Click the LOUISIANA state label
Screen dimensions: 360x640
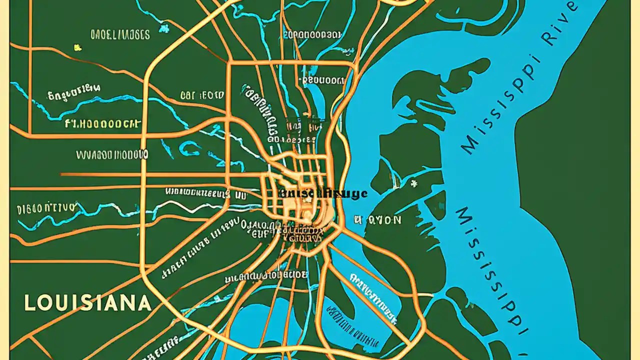click(87, 303)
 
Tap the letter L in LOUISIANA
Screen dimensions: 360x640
click(29, 303)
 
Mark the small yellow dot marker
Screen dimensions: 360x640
click(77, 48)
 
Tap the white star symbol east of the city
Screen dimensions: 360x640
click(413, 183)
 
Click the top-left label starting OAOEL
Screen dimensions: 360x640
click(120, 34)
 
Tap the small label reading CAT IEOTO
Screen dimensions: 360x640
click(202, 95)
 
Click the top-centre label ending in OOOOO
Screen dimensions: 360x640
click(312, 34)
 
